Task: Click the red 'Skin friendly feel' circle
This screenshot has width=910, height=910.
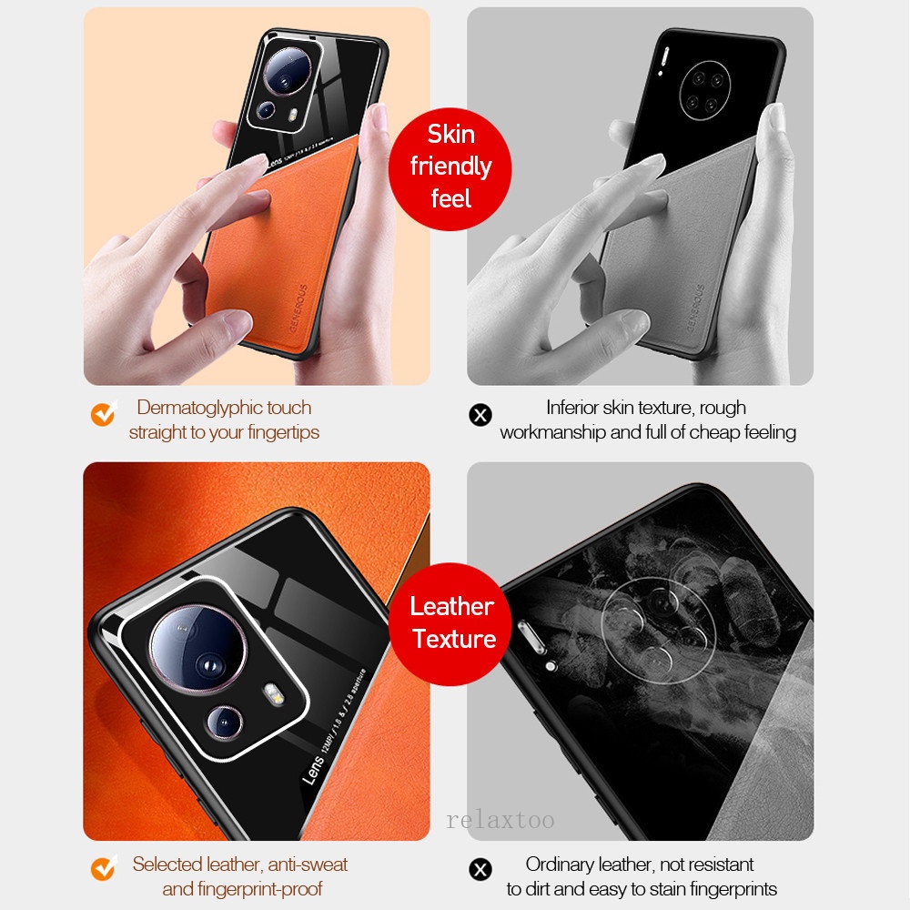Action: coord(450,166)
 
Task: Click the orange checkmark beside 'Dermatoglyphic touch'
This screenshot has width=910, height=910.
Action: coord(103,414)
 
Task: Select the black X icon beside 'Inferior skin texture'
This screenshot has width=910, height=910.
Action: coord(480,415)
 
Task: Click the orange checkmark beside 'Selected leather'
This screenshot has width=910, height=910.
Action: coord(103,869)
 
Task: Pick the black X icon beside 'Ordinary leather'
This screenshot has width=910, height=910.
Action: coord(480,869)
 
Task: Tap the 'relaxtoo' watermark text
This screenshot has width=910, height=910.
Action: coord(500,820)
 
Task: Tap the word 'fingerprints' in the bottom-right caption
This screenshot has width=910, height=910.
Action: coord(727,889)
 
